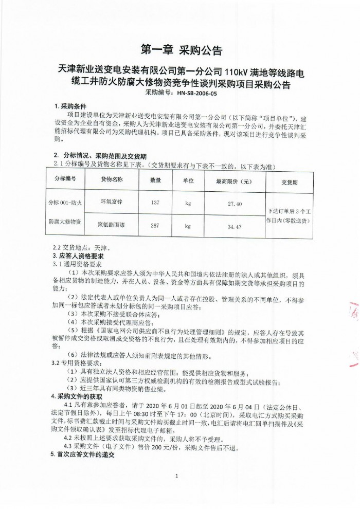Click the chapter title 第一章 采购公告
pyautogui.click(x=181, y=50)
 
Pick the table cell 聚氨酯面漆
pyautogui.click(x=111, y=225)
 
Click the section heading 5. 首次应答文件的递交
pyautogui.click(x=82, y=456)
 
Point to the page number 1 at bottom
pyautogui.click(x=176, y=476)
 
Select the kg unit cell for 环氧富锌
pyautogui.click(x=188, y=204)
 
